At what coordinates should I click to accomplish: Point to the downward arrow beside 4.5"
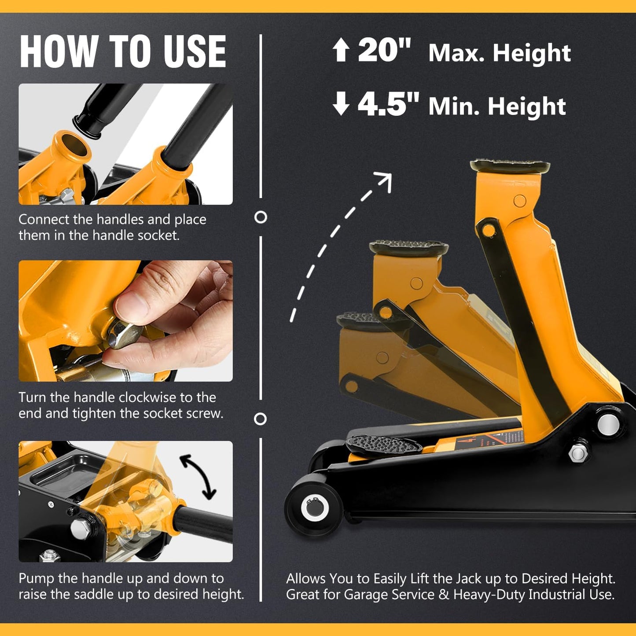[341, 104]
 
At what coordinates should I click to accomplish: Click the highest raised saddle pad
[510, 166]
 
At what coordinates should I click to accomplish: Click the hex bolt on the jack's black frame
[578, 452]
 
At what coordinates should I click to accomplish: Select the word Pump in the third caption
[37, 578]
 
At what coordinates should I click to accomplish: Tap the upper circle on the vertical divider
[261, 217]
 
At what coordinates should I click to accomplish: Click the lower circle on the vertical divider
[261, 419]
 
